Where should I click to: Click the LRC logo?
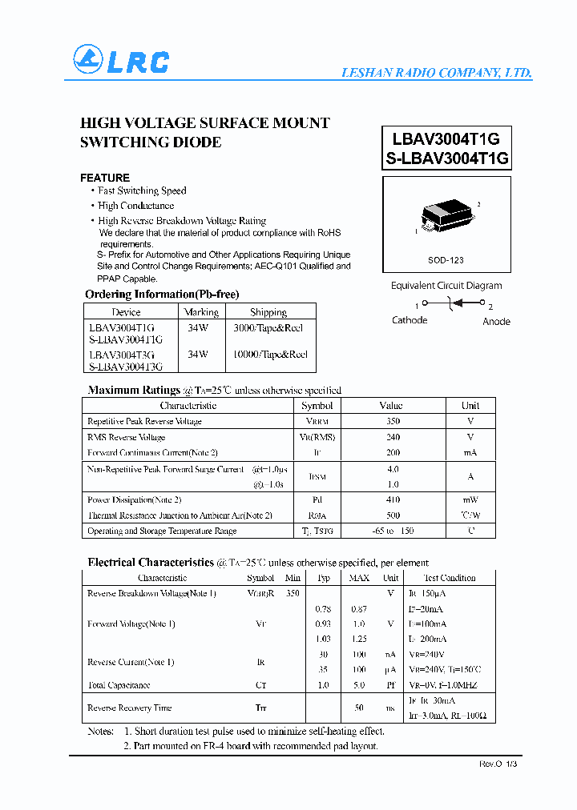(x=121, y=61)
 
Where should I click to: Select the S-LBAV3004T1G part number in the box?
(x=447, y=158)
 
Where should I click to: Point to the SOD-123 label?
(x=446, y=260)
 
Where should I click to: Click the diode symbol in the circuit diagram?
(x=455, y=303)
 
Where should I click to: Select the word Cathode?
(x=410, y=320)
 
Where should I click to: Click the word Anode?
(x=496, y=321)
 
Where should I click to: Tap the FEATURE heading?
(x=105, y=178)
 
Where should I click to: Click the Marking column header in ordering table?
(x=201, y=312)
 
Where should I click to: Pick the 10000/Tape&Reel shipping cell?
(x=270, y=354)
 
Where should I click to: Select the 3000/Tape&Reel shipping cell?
(x=268, y=328)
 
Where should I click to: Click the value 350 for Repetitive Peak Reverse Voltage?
(x=392, y=421)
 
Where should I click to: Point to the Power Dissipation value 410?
(x=392, y=500)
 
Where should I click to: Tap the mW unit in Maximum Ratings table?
(x=470, y=500)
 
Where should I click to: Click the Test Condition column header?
(x=449, y=578)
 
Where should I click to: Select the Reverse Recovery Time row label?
(x=130, y=708)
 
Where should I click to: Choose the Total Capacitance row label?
(x=119, y=685)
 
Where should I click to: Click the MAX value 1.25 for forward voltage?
(x=359, y=639)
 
